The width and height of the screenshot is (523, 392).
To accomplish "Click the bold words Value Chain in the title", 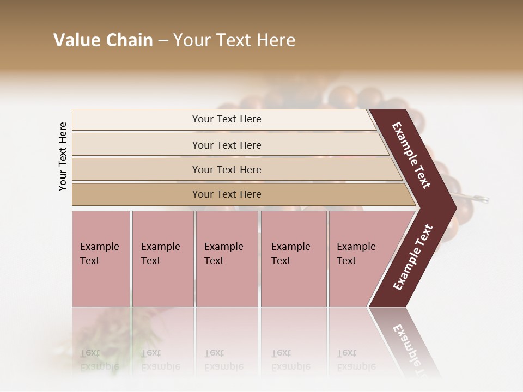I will [103, 40].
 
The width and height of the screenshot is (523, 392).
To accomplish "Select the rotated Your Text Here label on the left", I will [63, 156].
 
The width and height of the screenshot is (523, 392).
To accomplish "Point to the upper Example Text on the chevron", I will [411, 155].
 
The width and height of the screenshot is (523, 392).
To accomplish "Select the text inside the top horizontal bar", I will [227, 119].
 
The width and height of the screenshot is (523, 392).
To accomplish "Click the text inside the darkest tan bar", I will [227, 194].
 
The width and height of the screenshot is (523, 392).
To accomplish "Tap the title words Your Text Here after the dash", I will [234, 40].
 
